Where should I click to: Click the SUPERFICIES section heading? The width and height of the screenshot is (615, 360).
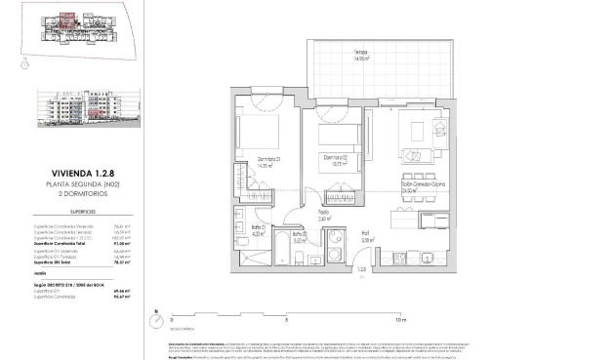[55, 210]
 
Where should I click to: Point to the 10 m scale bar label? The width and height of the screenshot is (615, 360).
[400, 318]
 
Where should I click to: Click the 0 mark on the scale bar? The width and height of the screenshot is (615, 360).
[171, 318]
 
